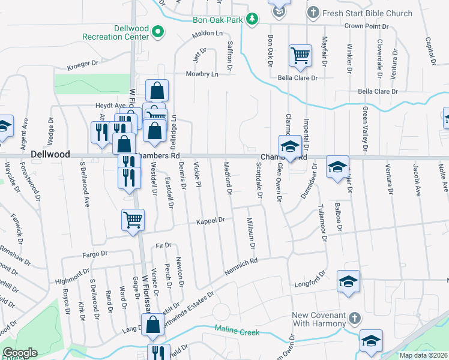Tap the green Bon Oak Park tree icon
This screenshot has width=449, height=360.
253,20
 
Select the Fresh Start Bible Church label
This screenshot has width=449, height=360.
367,13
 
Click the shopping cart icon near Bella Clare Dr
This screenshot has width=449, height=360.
300,56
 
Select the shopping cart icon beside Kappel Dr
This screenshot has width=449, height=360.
133,220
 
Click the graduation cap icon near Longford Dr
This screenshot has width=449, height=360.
348,282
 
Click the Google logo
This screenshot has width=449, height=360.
20,353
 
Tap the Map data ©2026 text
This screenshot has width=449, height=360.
423,355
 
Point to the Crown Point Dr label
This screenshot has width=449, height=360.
366,26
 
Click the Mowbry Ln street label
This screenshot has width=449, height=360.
202,74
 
